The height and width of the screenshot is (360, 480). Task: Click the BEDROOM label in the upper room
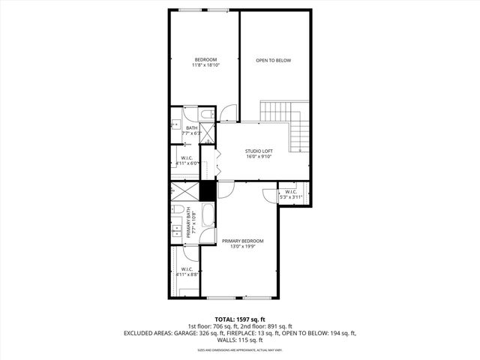point(205,59)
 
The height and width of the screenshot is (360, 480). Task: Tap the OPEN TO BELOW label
point(273,61)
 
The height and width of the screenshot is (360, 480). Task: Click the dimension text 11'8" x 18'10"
point(205,66)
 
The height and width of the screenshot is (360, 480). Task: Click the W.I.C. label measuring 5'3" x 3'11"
point(291,192)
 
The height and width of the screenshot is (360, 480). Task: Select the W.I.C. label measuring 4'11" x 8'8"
point(187,269)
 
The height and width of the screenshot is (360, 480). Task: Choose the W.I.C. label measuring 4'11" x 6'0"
point(187,157)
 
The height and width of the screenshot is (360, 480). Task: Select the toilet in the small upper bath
point(207,115)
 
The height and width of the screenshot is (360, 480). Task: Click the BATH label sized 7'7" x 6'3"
point(191,128)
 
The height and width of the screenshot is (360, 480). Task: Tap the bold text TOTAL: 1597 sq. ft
point(239,319)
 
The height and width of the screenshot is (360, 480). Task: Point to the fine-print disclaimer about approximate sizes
point(239,349)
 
